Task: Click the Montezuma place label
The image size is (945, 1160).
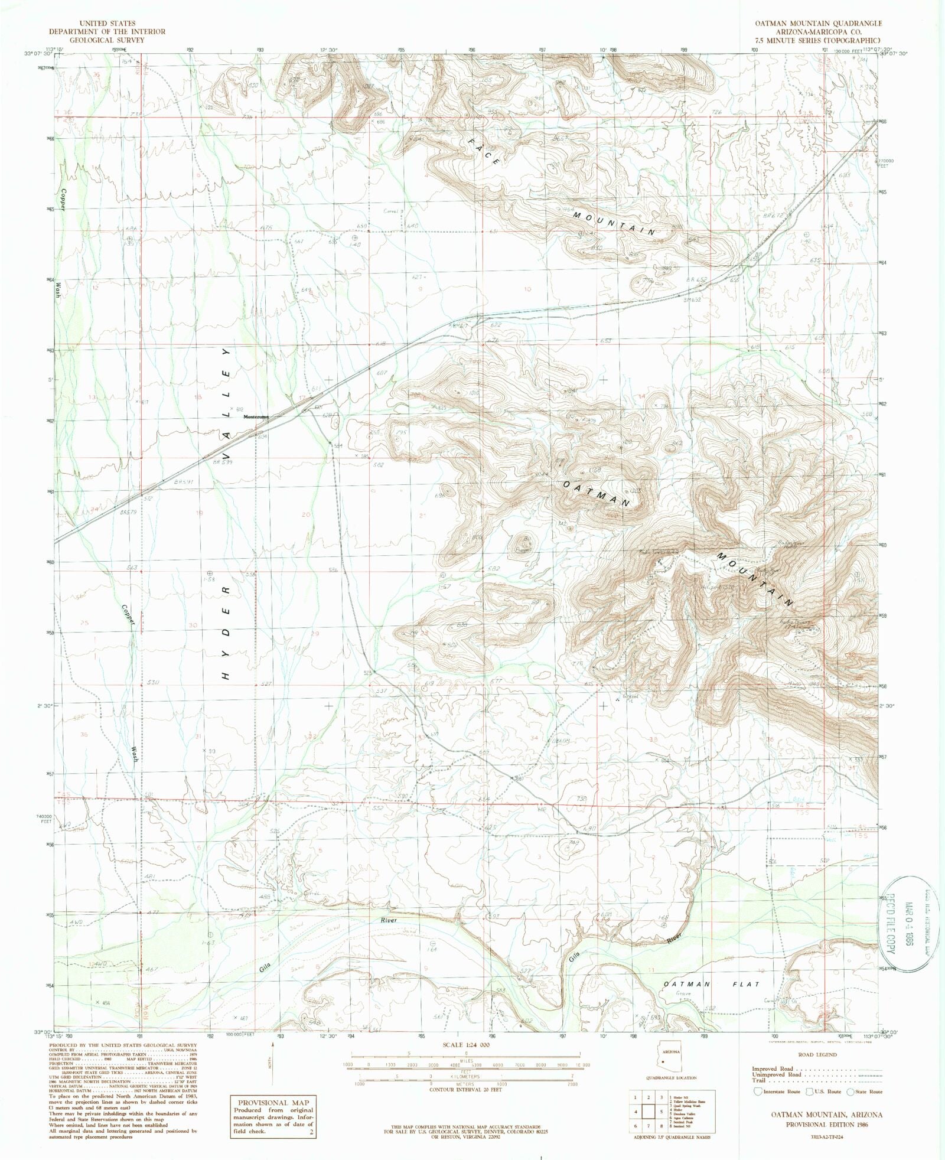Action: point(257,416)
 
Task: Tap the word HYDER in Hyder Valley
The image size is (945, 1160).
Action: point(226,633)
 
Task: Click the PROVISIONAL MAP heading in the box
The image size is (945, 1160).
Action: point(272,1102)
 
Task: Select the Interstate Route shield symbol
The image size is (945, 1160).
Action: point(757,1091)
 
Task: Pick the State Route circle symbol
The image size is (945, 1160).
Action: point(851,1091)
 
